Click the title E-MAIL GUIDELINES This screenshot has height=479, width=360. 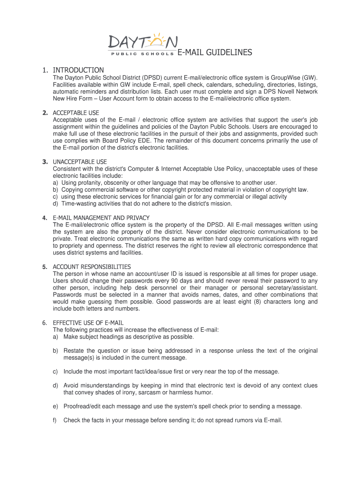[215, 53]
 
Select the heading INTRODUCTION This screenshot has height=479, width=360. [79, 70]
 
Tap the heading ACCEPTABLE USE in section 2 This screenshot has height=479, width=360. [76, 113]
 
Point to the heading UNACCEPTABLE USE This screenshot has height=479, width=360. [80, 162]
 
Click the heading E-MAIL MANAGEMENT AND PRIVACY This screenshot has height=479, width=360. [101, 218]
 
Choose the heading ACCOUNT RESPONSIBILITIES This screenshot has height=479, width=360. [92, 267]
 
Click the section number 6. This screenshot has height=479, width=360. [44, 323]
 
